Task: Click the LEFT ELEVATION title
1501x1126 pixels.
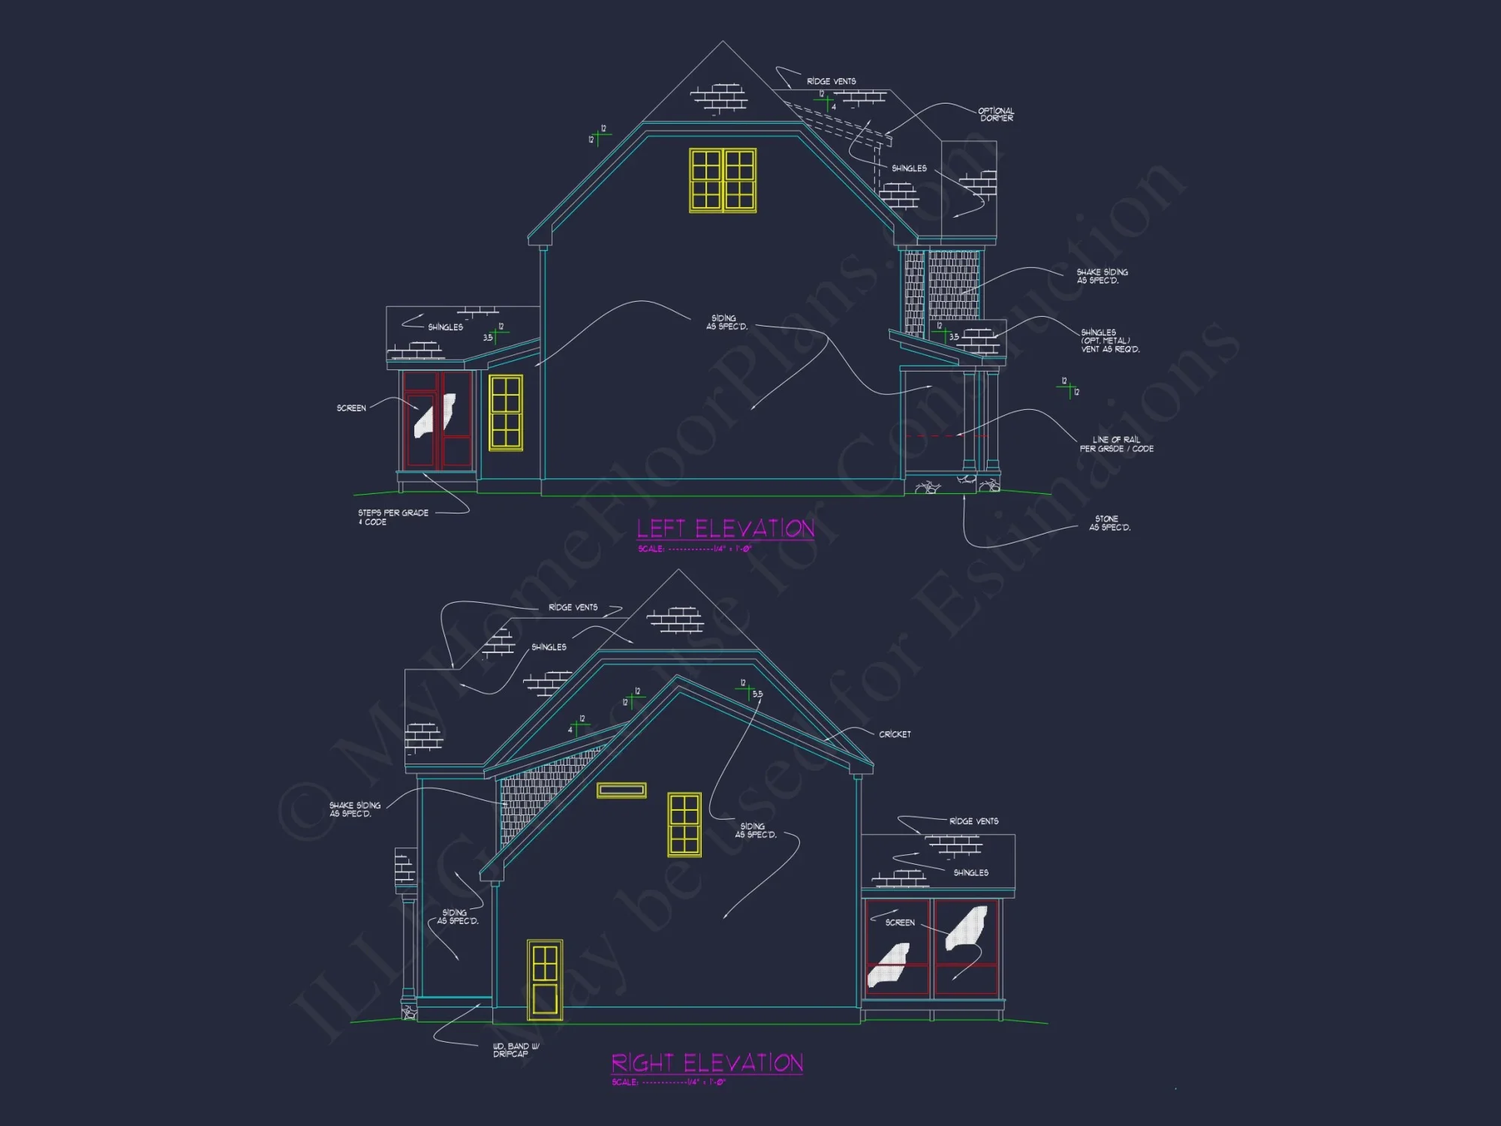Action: click(725, 528)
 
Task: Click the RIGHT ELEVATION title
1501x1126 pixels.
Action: click(707, 1063)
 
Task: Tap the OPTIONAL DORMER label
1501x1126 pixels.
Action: click(996, 114)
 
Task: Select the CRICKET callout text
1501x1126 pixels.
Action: click(895, 734)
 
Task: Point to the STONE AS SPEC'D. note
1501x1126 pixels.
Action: click(1109, 523)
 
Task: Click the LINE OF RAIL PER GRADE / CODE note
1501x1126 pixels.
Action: click(1116, 444)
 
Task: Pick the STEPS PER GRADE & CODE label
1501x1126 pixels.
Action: click(393, 517)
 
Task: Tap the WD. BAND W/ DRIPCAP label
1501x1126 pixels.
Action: click(516, 1049)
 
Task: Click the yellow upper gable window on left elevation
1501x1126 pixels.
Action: click(723, 180)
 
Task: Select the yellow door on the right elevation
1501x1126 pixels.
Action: click(545, 980)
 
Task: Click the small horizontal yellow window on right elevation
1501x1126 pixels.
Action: click(621, 790)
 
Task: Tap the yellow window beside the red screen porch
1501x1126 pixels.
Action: click(506, 412)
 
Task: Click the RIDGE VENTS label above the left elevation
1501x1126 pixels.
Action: click(831, 81)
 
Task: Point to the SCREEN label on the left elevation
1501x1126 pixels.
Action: click(351, 408)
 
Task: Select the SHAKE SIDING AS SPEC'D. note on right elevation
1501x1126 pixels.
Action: click(354, 809)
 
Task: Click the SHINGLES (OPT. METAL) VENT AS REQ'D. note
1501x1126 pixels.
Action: click(1109, 341)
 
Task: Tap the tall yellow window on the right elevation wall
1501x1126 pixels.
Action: click(684, 824)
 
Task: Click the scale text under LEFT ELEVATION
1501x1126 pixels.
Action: click(694, 549)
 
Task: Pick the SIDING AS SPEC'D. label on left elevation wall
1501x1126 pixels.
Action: click(726, 322)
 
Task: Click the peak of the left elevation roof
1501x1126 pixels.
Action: click(722, 42)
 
